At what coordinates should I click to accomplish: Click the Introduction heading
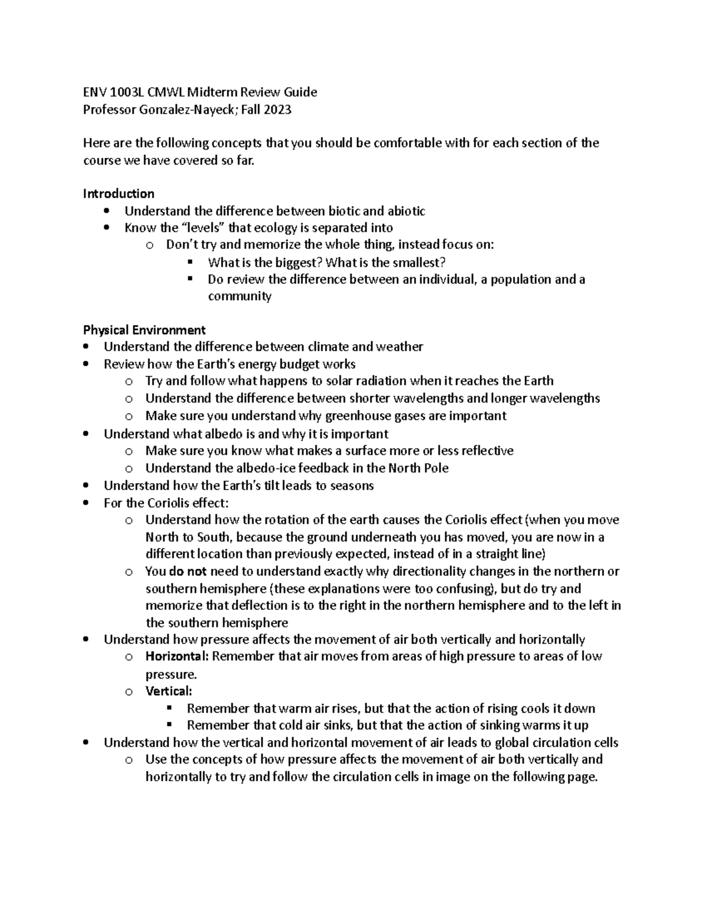pyautogui.click(x=118, y=193)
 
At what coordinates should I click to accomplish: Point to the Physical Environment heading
pyautogui.click(x=144, y=329)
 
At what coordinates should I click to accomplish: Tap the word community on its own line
pyautogui.click(x=239, y=296)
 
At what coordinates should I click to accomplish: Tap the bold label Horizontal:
pyautogui.click(x=177, y=656)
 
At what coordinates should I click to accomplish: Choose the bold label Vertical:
pyautogui.click(x=169, y=691)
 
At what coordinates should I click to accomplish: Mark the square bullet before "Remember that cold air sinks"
pyautogui.click(x=170, y=724)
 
